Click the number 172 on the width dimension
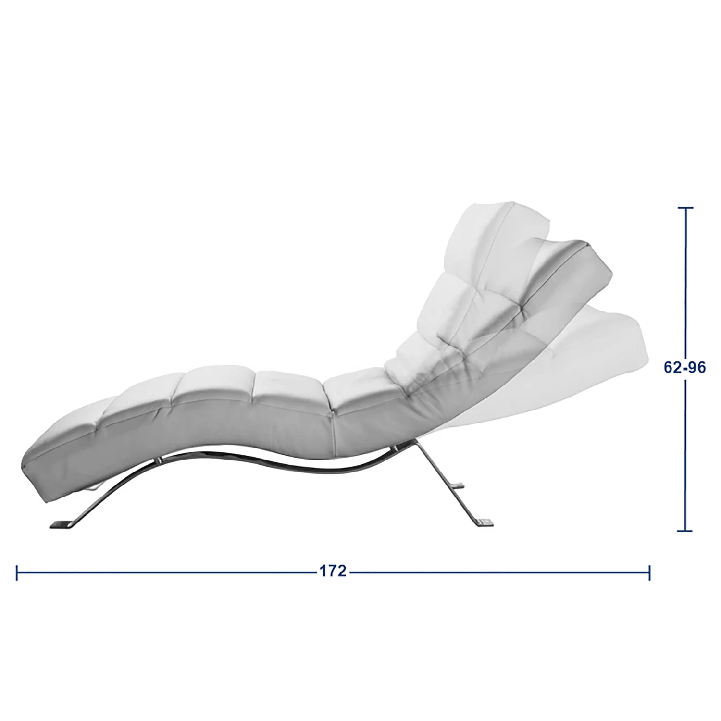(333, 572)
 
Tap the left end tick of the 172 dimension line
(17, 572)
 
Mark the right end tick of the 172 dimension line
(650, 572)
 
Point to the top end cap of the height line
(685, 208)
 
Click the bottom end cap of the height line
(685, 531)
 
